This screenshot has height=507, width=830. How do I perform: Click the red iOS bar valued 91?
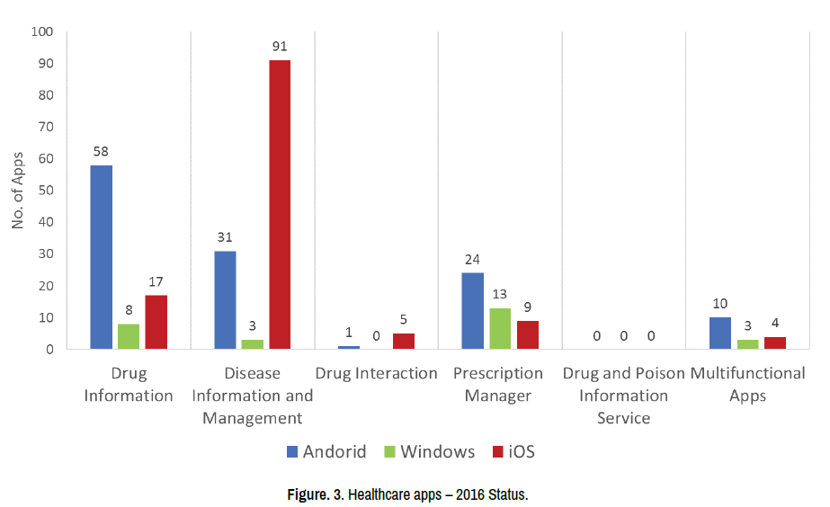(280, 204)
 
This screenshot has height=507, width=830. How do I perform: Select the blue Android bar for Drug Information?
(102, 257)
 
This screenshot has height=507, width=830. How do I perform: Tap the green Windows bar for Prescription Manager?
(500, 328)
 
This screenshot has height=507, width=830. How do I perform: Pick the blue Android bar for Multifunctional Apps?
(720, 333)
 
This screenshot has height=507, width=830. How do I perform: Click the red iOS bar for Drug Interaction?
(404, 341)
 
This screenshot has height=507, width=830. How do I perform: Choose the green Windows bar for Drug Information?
(129, 336)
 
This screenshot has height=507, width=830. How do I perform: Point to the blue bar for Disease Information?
(225, 299)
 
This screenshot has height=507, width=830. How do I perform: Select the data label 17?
(156, 282)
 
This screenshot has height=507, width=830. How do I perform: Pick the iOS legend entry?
(513, 451)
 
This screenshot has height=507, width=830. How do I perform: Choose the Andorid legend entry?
(326, 451)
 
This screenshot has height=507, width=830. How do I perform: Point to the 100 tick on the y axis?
(42, 32)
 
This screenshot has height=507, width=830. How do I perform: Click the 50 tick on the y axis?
(46, 191)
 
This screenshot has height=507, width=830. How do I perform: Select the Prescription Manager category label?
(498, 384)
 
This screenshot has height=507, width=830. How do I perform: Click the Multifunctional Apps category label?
(747, 384)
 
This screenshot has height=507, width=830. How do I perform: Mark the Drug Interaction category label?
(376, 373)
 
